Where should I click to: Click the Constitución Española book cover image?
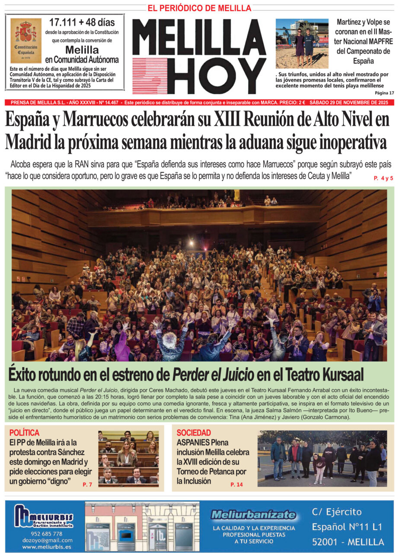coord(26,41)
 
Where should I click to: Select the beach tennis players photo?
coord(302,43)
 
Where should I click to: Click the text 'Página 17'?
coord(384,93)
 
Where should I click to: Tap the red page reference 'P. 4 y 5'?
coord(383,178)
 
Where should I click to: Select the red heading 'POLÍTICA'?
coord(24,432)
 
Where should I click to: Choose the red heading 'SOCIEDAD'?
coord(194,432)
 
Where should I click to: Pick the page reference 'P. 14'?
coord(236,485)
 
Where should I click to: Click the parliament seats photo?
coord(128,458)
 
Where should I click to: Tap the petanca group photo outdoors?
coord(322,458)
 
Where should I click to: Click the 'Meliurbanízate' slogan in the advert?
coord(253,515)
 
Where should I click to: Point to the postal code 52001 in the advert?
coord(325,542)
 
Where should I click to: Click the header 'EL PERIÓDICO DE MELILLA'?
coord(199,8)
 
